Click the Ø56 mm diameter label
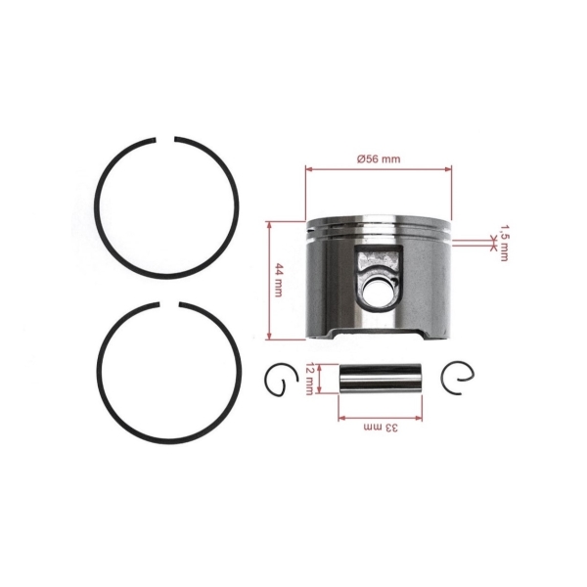point(379,158)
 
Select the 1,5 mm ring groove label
point(503,242)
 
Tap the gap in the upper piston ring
point(167,139)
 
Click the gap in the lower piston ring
point(169,305)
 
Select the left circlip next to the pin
point(279,380)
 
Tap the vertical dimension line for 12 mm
point(319,378)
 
